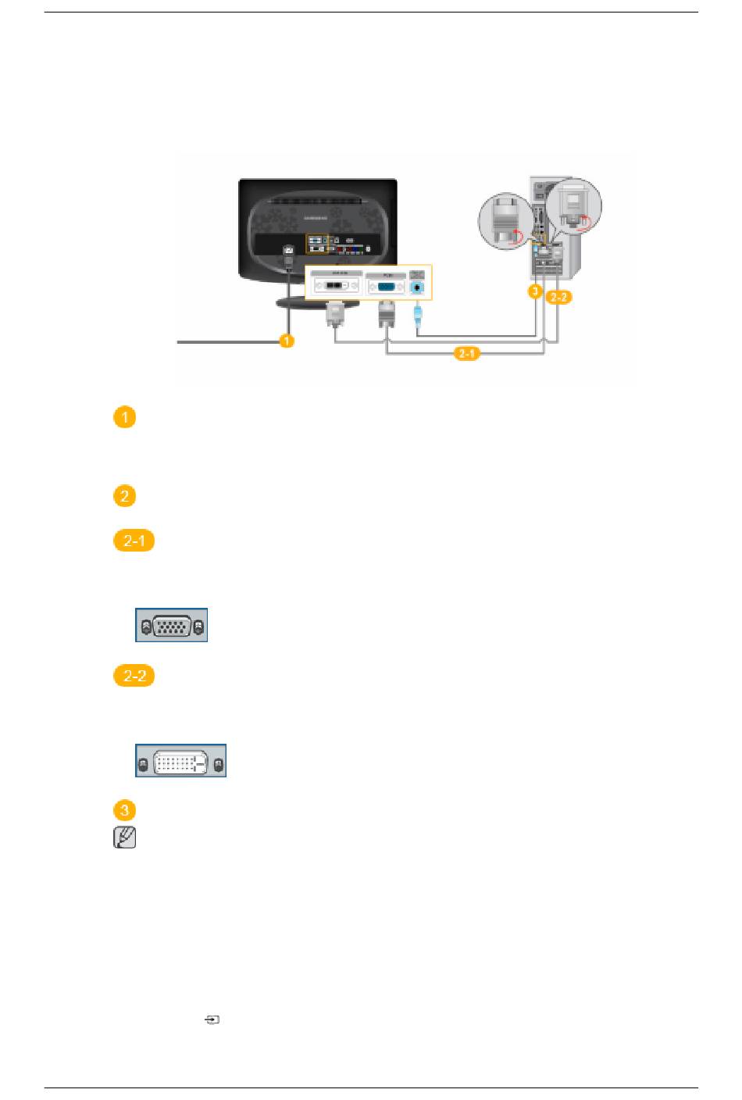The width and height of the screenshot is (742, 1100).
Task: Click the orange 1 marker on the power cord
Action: point(287,341)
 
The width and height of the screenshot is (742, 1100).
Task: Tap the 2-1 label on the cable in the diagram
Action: point(467,355)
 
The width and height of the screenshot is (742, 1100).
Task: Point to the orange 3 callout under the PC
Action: point(534,292)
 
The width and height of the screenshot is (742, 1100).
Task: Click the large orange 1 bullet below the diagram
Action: point(124,418)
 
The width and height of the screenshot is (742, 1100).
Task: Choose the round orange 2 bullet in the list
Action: point(124,496)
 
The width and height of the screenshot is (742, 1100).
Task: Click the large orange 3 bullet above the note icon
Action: point(124,810)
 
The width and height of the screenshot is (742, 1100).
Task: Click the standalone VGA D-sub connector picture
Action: point(171,626)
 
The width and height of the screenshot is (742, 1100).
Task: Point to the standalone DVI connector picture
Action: point(180,761)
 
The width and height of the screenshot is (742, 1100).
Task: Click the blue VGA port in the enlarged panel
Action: point(384,287)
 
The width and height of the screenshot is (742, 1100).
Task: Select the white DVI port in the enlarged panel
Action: point(337,287)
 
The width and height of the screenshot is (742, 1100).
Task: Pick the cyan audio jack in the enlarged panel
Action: point(418,287)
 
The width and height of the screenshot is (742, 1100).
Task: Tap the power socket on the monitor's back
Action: point(288,250)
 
